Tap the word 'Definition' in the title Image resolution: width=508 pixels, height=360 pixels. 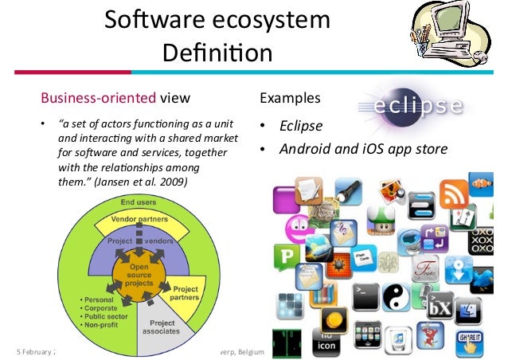[x=217, y=54]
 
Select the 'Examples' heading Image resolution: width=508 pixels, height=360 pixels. [x=290, y=99]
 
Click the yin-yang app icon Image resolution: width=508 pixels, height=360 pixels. [x=394, y=300]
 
